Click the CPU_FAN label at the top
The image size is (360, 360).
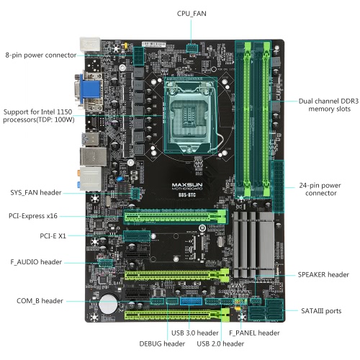tap(192, 14)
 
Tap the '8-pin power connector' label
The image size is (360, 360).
tap(41, 55)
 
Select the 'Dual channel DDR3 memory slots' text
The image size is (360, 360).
tap(328, 105)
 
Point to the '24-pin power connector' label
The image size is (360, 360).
tap(320, 189)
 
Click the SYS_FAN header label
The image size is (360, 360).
tap(36, 192)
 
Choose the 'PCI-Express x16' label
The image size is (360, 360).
tap(33, 216)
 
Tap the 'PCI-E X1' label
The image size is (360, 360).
tap(53, 236)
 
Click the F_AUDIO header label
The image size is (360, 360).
tap(36, 262)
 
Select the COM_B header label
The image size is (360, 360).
tap(40, 301)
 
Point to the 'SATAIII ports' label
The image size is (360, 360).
tap(321, 311)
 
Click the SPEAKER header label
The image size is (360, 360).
tap(323, 274)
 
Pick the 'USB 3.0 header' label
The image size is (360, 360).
tap(195, 333)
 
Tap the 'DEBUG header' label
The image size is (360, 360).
tap(162, 343)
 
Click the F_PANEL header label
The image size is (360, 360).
tap(254, 333)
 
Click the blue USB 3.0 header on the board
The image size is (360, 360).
tap(191, 301)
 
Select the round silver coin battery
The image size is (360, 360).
tap(108, 304)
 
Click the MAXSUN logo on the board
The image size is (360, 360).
tap(187, 185)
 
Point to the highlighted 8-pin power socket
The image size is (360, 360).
tap(138, 56)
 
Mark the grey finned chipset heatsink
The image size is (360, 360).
tap(253, 244)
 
